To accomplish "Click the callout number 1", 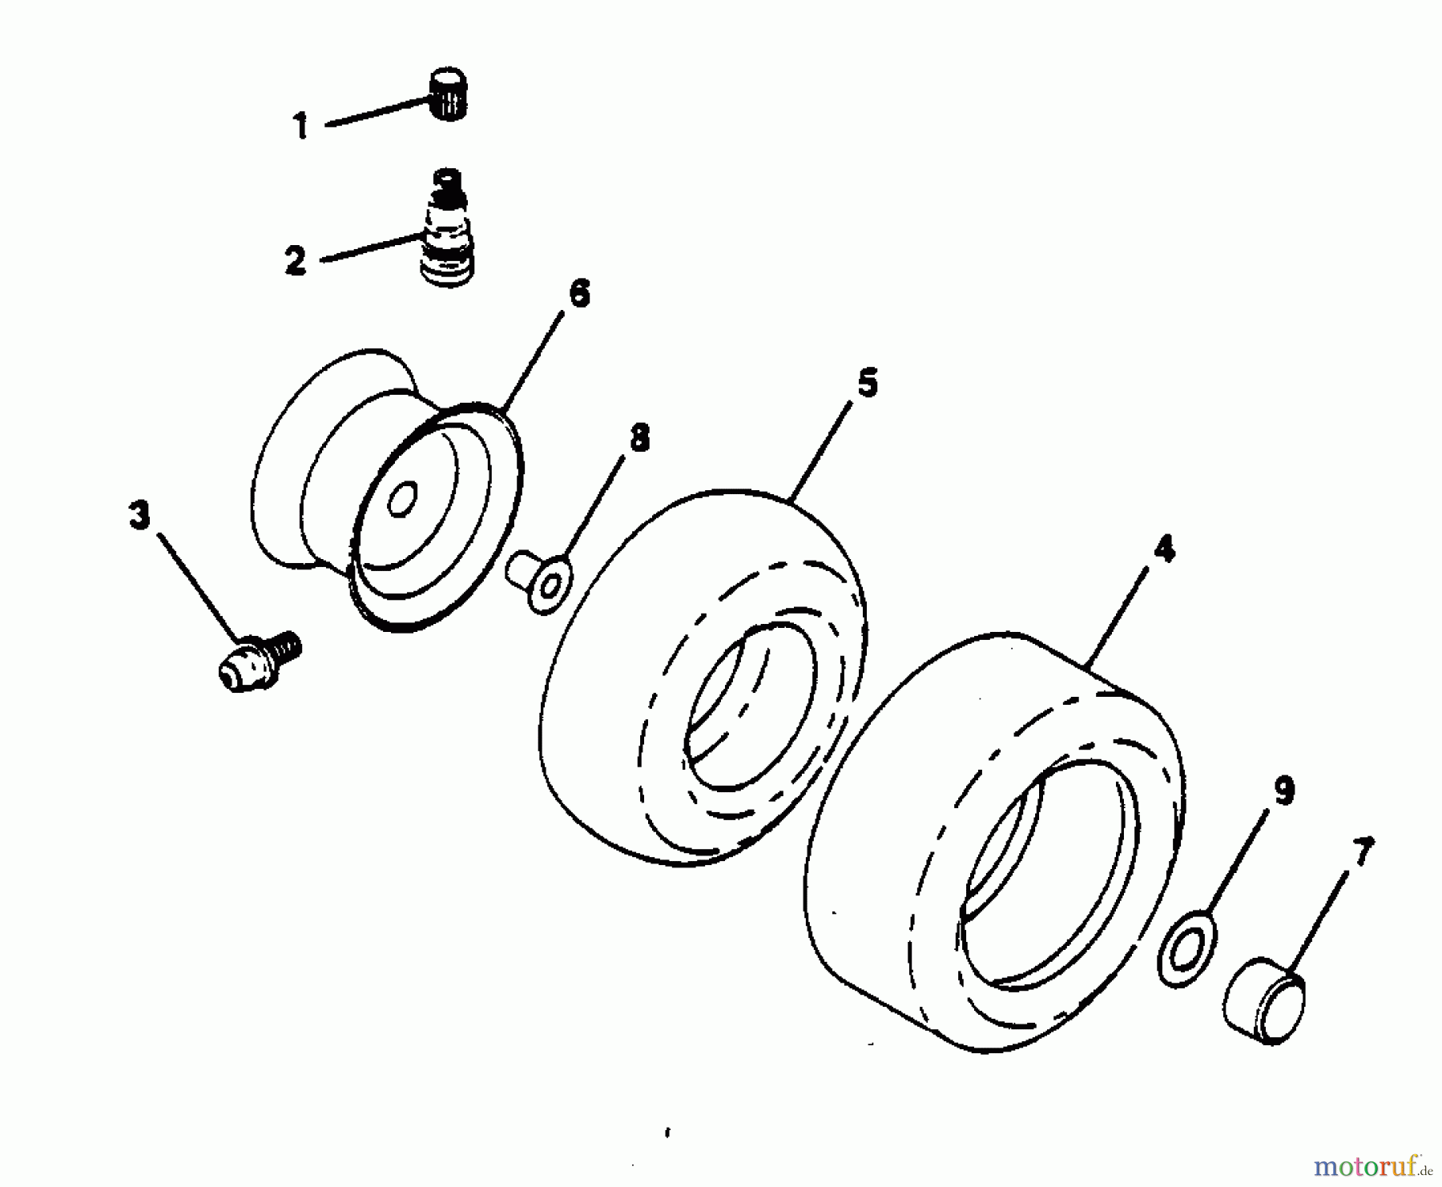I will point(300,127).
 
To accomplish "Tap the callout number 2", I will point(296,261).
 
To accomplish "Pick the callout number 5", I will point(867,383).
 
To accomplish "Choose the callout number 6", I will point(578,293).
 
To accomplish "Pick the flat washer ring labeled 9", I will point(1187,946).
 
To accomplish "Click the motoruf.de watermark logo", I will point(1383,1163).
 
